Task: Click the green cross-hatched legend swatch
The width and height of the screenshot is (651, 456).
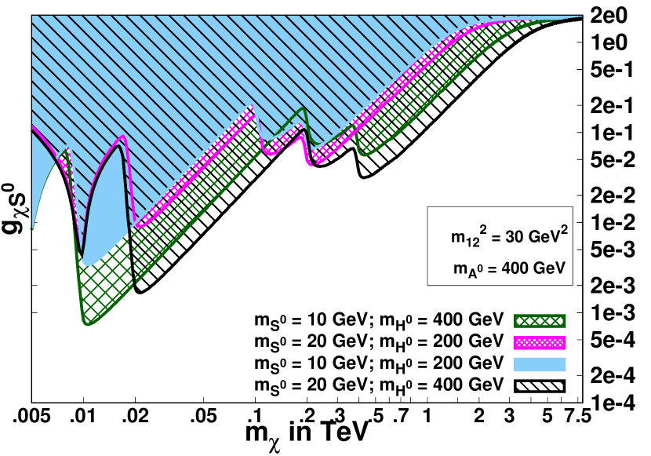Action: click(540, 320)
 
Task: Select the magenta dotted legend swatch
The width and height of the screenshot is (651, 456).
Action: click(540, 342)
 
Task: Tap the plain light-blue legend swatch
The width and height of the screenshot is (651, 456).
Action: click(540, 364)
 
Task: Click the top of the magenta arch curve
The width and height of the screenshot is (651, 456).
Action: click(122, 137)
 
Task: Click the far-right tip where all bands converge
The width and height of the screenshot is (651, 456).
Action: click(582, 16)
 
